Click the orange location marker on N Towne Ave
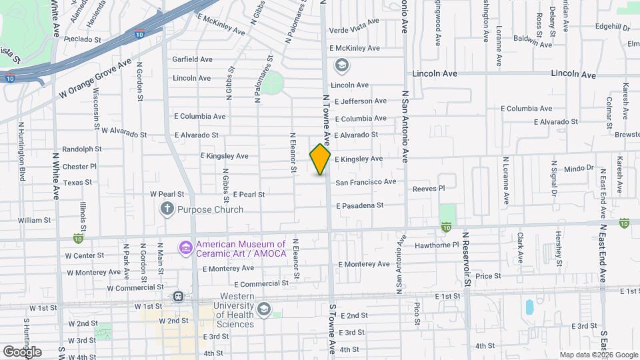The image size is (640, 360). [x=320, y=159]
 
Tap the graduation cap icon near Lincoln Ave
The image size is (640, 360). [x=341, y=65]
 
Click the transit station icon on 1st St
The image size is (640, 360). [x=178, y=296]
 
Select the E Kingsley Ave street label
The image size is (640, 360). [x=359, y=159]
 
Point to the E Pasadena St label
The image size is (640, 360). [x=359, y=205]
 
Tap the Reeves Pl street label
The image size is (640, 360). [x=429, y=189]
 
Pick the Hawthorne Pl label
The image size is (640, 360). [x=437, y=245]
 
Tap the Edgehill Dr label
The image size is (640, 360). [x=613, y=27]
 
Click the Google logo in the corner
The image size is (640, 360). [x=22, y=351]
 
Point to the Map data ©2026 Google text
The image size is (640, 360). [x=597, y=354]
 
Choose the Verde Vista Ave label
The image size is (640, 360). [x=355, y=21]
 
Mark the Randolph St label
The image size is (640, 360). [x=81, y=149]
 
